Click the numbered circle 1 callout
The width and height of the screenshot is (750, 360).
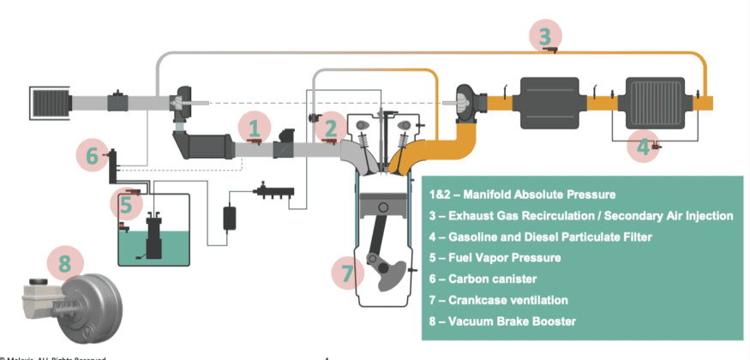click(x=254, y=129)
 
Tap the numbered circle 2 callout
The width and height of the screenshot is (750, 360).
click(x=331, y=129)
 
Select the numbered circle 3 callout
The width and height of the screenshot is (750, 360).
click(x=545, y=36)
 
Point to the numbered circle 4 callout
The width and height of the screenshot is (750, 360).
click(x=644, y=147)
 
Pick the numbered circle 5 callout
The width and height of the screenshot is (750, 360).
click(x=126, y=205)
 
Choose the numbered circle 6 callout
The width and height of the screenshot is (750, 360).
click(x=92, y=155)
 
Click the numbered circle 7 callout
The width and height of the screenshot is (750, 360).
click(x=347, y=273)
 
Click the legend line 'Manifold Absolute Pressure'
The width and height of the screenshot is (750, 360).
click(x=531, y=195)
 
